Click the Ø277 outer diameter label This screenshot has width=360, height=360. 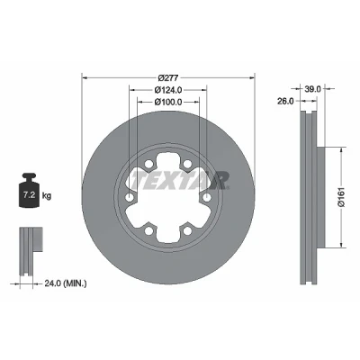(x=168, y=77)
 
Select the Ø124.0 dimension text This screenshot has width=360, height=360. (x=168, y=90)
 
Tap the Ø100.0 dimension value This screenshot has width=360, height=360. (x=168, y=102)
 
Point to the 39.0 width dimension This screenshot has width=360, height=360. (x=313, y=89)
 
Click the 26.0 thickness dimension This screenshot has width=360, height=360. (x=285, y=102)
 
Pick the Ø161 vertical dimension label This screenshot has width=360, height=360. (x=341, y=197)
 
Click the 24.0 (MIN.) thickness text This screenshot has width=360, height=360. (x=66, y=283)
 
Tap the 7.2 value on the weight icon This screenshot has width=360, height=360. (x=30, y=195)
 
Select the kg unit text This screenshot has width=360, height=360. (x=47, y=196)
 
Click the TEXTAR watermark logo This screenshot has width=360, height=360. (x=179, y=181)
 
